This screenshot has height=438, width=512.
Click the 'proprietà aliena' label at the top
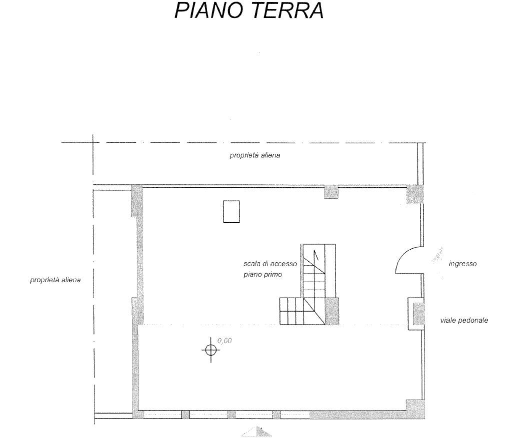click(254, 155)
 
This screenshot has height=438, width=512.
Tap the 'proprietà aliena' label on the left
click(55, 280)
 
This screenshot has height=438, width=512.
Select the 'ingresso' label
click(462, 264)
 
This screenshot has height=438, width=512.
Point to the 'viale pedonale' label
click(463, 320)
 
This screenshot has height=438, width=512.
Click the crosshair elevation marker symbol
click(210, 350)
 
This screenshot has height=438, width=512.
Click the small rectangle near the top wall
click(231, 211)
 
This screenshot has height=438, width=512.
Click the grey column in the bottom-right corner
click(414, 409)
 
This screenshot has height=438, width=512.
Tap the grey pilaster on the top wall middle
click(331, 192)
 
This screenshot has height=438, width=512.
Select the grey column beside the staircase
click(332, 311)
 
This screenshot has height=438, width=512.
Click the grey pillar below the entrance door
click(415, 314)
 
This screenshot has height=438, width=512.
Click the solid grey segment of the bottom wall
click(357, 415)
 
